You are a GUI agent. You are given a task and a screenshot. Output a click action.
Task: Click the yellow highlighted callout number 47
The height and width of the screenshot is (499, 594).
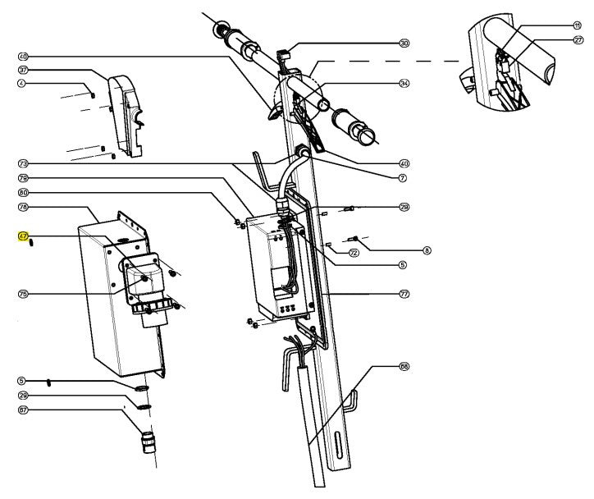point(23,236)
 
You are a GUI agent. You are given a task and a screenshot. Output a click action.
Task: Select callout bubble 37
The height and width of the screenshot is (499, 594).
point(23,70)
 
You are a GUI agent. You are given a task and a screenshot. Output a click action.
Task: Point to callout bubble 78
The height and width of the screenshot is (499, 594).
point(23,207)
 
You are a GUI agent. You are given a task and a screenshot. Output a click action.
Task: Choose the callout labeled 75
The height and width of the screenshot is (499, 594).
point(23,292)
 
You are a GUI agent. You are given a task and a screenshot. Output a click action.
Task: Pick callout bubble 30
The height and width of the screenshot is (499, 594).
point(404,43)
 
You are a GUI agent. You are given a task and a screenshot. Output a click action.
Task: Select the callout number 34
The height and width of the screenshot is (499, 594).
point(404,83)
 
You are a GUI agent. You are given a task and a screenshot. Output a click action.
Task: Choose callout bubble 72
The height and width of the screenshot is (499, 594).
point(354,254)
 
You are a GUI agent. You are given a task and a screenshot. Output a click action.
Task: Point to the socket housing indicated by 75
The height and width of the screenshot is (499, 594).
point(144,279)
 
